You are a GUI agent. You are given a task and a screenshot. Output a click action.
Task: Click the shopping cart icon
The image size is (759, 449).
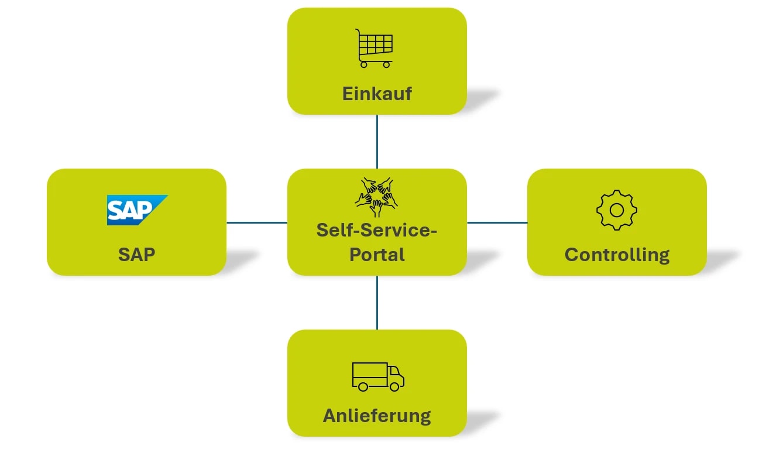coord(375,49)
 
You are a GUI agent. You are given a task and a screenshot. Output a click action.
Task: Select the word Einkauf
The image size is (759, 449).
coord(377,94)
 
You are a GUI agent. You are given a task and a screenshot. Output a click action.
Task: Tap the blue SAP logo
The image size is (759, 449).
coord(136,210)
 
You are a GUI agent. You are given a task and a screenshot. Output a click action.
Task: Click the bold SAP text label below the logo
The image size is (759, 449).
coord(136,255)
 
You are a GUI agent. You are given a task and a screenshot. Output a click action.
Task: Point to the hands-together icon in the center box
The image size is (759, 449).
coord(376,197)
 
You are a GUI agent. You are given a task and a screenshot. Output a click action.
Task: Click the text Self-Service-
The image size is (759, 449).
coord(377,230)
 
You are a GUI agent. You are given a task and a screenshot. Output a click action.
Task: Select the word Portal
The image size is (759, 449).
coord(377,255)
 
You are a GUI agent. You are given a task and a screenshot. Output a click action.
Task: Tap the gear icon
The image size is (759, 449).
coord(616,210)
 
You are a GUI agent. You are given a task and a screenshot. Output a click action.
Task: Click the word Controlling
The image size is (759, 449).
coord(617,255)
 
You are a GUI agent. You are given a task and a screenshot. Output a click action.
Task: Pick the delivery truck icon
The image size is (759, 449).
coord(377,376)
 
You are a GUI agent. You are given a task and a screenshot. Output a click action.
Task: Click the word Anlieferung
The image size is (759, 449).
coord(377,416)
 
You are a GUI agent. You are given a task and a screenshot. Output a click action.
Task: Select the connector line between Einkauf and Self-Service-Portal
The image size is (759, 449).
coord(377,141)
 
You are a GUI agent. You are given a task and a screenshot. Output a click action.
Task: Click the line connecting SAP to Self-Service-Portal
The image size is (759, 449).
coord(256,222)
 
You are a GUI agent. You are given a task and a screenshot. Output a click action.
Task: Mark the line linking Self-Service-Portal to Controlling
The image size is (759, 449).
coord(497,222)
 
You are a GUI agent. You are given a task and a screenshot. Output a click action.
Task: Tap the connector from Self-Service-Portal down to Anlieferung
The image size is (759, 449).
coord(377,302)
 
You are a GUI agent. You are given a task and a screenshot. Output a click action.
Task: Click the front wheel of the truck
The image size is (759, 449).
coord(396,387)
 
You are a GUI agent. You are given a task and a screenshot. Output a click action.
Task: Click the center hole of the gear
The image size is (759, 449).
coord(616,210)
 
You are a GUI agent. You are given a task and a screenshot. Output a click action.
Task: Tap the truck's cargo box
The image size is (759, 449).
coord(369,373)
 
